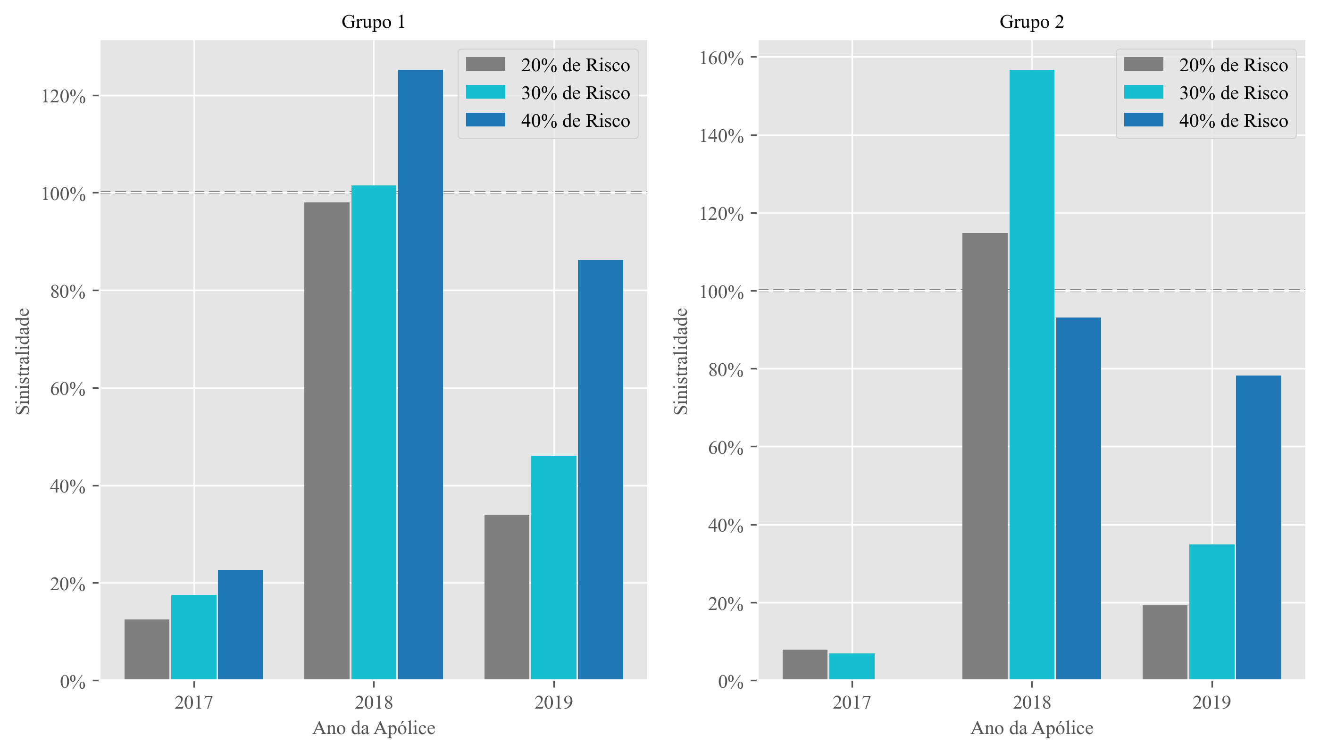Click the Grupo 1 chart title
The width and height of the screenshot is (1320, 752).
pyautogui.click(x=373, y=22)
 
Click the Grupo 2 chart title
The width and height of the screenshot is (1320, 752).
pyautogui.click(x=1031, y=22)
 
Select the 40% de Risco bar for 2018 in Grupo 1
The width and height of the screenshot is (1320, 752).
pyautogui.click(x=420, y=375)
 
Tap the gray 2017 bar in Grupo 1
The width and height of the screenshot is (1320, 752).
pyautogui.click(x=147, y=649)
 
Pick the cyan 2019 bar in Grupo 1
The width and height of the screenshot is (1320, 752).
pyautogui.click(x=553, y=567)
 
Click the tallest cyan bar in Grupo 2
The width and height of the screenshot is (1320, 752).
pyautogui.click(x=1031, y=375)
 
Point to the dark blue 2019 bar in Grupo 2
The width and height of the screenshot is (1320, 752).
pyautogui.click(x=1258, y=527)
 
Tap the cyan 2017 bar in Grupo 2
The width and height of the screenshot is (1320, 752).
pyautogui.click(x=852, y=666)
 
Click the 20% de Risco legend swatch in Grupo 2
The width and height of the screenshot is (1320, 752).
pyautogui.click(x=1144, y=65)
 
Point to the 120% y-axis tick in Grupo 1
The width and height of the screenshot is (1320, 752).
pyautogui.click(x=64, y=97)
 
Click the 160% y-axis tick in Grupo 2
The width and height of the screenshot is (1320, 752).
pyautogui.click(x=721, y=58)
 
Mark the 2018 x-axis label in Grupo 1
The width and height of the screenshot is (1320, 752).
pyautogui.click(x=373, y=702)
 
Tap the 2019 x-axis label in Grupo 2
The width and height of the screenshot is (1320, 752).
pyautogui.click(x=1211, y=702)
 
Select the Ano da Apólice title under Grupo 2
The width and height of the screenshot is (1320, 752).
pyautogui.click(x=1031, y=728)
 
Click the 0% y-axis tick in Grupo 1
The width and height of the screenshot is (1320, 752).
pyautogui.click(x=73, y=682)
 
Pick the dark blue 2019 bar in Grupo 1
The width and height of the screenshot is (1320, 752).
pyautogui.click(x=600, y=469)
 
